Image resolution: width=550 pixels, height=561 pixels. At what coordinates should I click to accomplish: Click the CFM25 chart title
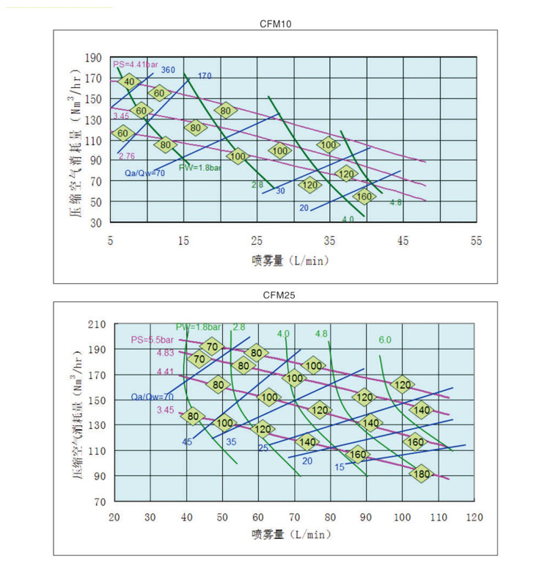click(277, 295)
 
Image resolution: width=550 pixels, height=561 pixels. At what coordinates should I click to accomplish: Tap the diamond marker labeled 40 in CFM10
click(129, 81)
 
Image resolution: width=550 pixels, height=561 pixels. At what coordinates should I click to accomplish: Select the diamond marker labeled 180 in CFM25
click(422, 474)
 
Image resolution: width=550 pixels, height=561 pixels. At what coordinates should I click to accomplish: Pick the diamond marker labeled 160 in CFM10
click(364, 197)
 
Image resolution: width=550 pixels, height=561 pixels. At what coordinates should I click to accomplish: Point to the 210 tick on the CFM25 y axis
click(97, 324)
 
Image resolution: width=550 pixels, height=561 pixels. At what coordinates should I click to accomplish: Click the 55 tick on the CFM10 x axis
click(476, 241)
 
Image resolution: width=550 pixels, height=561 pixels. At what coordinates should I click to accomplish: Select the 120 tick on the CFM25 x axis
click(474, 517)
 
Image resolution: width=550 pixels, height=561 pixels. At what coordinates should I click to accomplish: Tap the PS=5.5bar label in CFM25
click(152, 340)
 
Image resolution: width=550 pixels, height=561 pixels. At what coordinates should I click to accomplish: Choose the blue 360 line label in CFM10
click(168, 70)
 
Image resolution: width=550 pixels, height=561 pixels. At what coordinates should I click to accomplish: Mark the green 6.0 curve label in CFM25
click(386, 340)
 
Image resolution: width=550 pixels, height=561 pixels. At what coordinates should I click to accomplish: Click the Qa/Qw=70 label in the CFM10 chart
click(144, 173)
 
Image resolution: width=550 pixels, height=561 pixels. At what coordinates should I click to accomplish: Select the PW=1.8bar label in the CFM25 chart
click(198, 326)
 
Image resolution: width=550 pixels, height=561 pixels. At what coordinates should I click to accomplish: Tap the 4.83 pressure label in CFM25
click(166, 353)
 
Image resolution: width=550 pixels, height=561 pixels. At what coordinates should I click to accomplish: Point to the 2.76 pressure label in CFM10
click(126, 156)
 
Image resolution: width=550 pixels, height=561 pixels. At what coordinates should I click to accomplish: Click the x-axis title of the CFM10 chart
click(290, 260)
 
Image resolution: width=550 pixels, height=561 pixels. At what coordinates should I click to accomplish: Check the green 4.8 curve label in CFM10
click(395, 202)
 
